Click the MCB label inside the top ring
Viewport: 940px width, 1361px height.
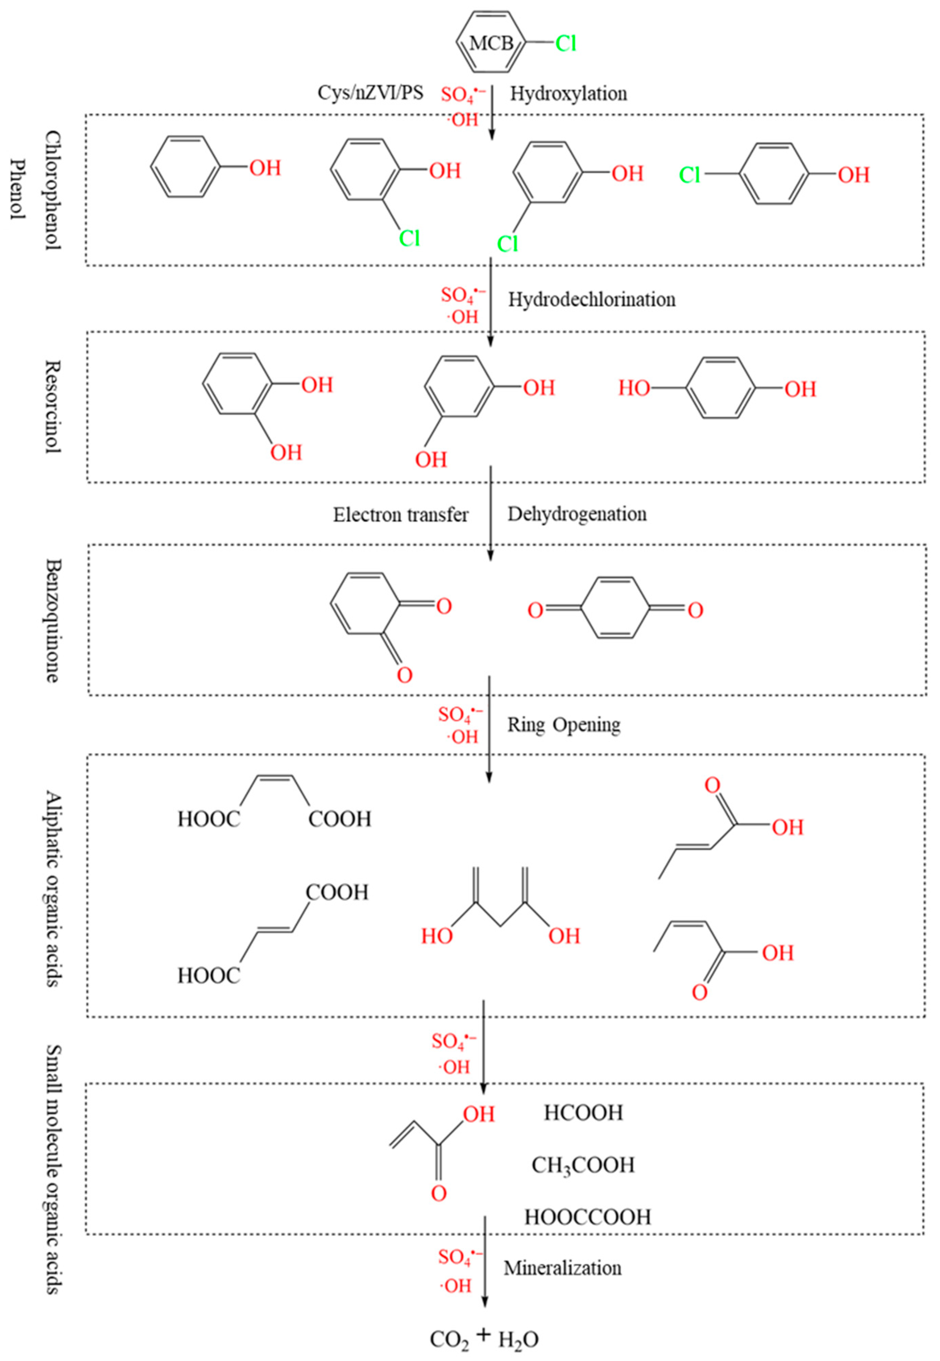click(491, 44)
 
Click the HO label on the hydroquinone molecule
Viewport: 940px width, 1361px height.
click(634, 388)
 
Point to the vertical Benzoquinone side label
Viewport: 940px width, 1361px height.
click(53, 620)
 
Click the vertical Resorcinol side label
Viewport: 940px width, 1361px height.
click(53, 406)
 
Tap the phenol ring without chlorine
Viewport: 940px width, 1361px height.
click(186, 167)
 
